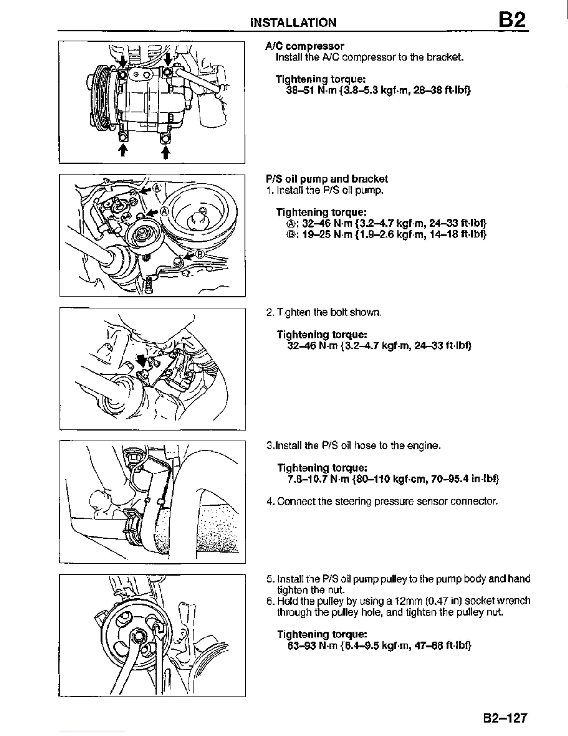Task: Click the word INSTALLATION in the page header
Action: coord(293,23)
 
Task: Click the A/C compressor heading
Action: coord(305,46)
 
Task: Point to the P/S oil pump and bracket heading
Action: coord(327,179)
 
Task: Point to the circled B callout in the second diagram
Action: coord(200,254)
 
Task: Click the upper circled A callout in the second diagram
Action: coord(157,188)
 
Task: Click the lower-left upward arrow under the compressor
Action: coord(123,150)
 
